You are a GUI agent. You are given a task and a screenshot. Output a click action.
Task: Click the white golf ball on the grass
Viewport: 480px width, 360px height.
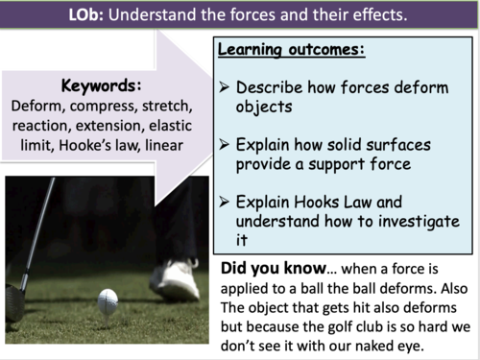[108, 300]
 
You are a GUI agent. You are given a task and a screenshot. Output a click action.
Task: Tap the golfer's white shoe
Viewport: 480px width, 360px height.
[176, 277]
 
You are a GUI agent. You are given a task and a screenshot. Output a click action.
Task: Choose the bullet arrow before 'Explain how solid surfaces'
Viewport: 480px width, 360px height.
[224, 145]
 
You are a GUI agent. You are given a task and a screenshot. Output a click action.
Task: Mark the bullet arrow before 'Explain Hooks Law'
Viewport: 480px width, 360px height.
[224, 202]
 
